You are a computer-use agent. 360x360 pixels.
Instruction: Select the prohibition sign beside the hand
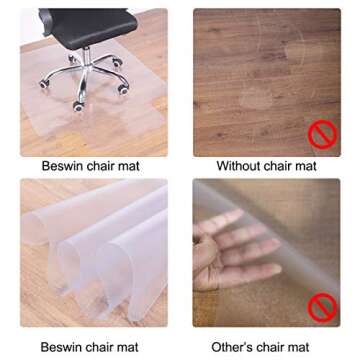click(x=320, y=306)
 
